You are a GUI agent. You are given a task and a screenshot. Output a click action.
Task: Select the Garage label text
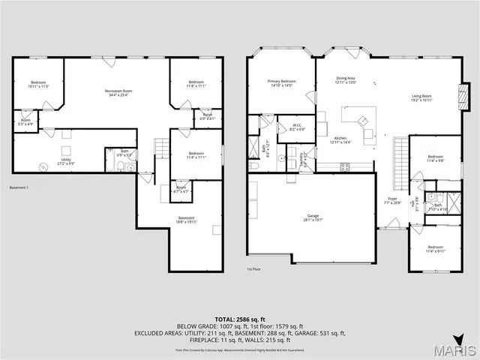[311, 218]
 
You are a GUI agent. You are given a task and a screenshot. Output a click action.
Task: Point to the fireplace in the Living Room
[461, 97]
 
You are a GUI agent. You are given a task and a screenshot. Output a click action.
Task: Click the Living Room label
[421, 97]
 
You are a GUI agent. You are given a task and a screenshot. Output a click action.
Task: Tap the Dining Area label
[346, 80]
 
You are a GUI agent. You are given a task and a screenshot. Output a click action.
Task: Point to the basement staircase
[159, 148]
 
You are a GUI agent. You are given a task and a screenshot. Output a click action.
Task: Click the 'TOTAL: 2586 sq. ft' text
[240, 319]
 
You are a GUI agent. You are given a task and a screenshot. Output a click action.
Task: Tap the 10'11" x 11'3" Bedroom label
[37, 84]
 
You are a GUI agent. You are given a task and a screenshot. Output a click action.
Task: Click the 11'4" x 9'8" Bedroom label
[436, 159]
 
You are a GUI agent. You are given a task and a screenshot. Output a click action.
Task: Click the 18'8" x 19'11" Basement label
[186, 220]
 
